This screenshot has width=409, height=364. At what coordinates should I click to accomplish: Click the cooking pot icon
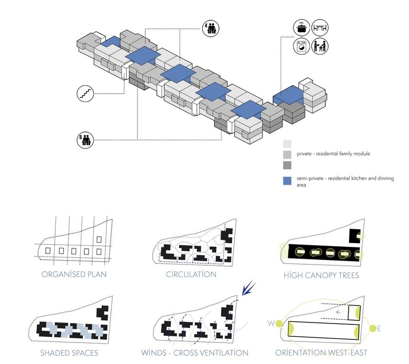pyautogui.click(x=300, y=29)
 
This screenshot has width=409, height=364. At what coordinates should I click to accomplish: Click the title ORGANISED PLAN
pyautogui.click(x=74, y=274)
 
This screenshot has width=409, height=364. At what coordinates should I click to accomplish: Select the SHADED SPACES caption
pyautogui.click(x=70, y=353)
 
